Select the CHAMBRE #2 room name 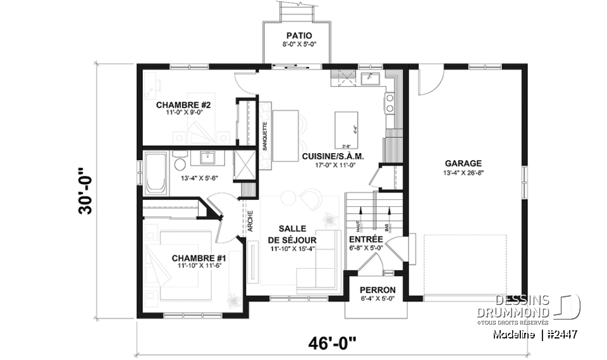(183, 105)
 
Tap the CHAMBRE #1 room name (199, 258)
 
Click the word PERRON (377, 290)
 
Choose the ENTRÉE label (365, 239)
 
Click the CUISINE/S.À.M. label (333, 156)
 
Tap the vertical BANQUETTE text (265, 133)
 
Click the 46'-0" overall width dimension (332, 343)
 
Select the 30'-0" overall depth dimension (85, 191)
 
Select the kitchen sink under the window (370, 78)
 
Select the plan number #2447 (561, 334)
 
